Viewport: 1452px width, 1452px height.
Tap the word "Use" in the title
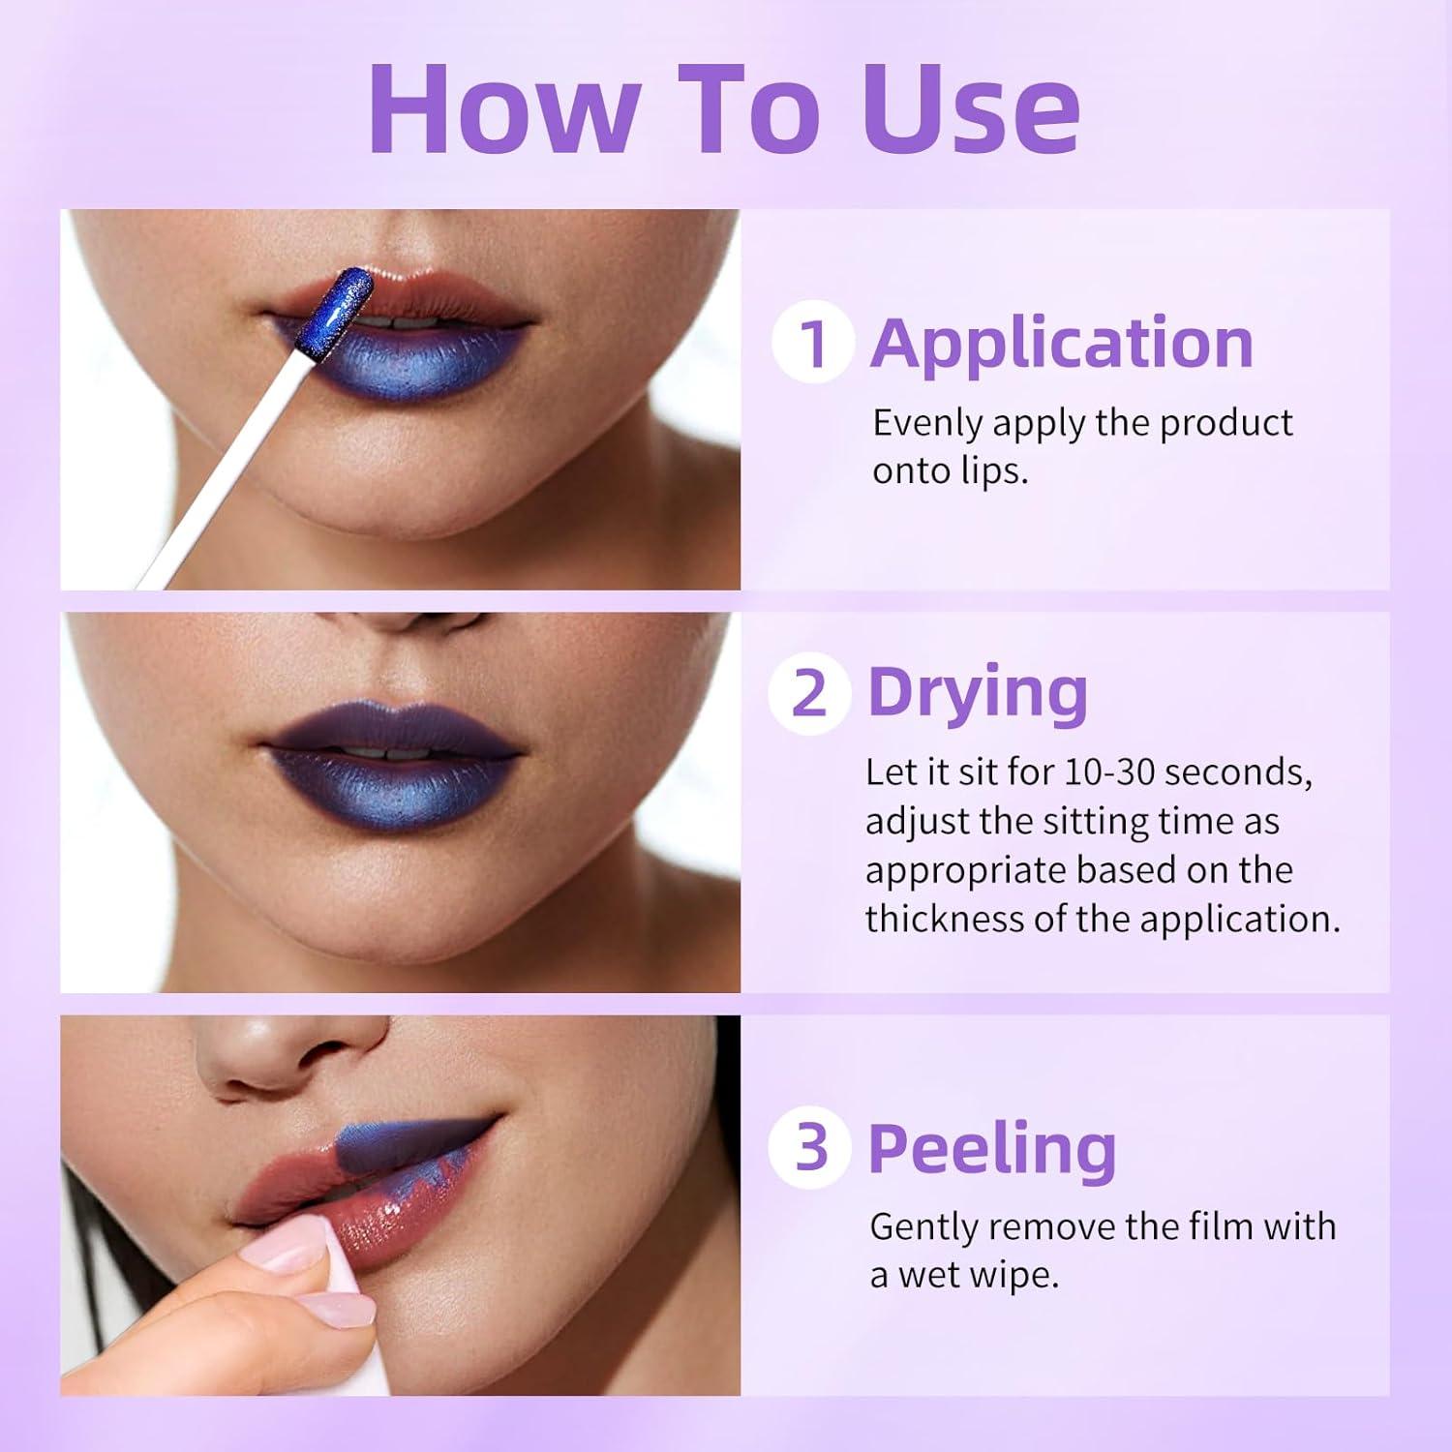click(x=971, y=108)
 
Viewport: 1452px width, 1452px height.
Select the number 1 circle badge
click(x=813, y=343)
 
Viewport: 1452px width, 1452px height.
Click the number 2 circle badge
click(x=809, y=693)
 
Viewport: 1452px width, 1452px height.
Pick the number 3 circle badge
click(x=809, y=1148)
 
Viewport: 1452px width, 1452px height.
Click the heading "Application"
click(x=1061, y=343)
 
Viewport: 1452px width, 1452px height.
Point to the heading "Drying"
click(x=978, y=693)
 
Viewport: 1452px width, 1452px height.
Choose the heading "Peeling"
click(x=991, y=1148)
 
